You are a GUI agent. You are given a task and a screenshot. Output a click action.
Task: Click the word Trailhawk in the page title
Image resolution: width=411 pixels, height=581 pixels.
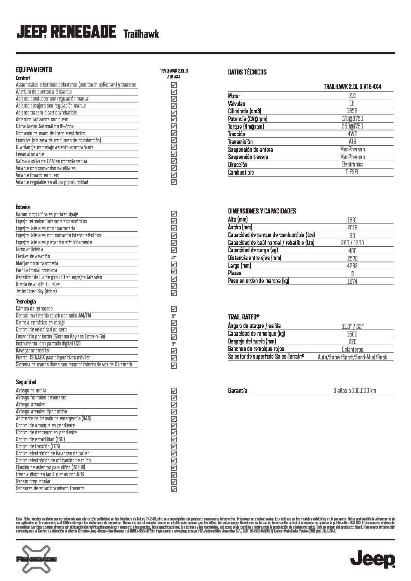click(x=141, y=35)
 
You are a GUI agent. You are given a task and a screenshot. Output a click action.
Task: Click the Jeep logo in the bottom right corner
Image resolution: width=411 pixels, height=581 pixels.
click(x=373, y=559)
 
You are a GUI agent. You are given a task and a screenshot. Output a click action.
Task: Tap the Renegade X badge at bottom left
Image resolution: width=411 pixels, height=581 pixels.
click(x=36, y=559)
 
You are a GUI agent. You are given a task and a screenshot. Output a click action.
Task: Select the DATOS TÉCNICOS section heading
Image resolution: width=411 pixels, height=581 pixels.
click(x=247, y=72)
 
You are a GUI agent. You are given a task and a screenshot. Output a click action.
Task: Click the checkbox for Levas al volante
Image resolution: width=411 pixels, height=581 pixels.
click(x=174, y=154)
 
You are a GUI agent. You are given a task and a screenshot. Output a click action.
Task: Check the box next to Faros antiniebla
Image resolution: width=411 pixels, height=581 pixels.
click(x=174, y=250)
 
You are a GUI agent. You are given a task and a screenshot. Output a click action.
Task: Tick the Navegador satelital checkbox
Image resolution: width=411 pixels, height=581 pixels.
click(x=174, y=351)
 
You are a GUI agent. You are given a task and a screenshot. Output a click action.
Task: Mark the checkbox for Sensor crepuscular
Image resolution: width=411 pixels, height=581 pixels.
click(x=174, y=482)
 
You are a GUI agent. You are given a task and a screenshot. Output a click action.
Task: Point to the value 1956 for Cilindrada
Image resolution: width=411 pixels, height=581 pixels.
click(x=352, y=111)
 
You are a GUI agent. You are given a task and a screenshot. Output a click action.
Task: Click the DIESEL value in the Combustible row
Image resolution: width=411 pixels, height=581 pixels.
click(x=352, y=172)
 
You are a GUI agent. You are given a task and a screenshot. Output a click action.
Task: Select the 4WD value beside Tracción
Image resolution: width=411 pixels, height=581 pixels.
click(x=352, y=134)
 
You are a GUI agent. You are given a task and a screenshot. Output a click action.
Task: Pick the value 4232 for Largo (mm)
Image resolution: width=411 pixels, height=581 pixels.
click(x=352, y=266)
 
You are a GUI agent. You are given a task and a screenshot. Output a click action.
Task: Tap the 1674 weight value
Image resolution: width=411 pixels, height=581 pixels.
click(x=352, y=281)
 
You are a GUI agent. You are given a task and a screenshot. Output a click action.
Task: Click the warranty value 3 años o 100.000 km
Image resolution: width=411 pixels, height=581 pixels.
click(x=354, y=391)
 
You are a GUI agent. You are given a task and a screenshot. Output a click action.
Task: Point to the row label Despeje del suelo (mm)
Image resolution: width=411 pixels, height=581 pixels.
click(x=252, y=342)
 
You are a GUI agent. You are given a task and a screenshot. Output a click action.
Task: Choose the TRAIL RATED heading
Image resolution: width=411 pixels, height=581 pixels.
click(x=244, y=317)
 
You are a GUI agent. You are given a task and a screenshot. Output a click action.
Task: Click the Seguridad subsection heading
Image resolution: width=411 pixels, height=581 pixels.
click(x=26, y=382)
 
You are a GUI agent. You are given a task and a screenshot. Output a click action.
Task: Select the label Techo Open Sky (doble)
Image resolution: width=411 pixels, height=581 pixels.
click(x=37, y=291)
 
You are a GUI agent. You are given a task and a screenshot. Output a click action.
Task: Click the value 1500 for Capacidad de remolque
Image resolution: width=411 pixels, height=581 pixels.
click(x=352, y=334)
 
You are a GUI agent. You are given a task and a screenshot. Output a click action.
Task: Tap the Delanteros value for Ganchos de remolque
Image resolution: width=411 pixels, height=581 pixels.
click(x=352, y=349)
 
